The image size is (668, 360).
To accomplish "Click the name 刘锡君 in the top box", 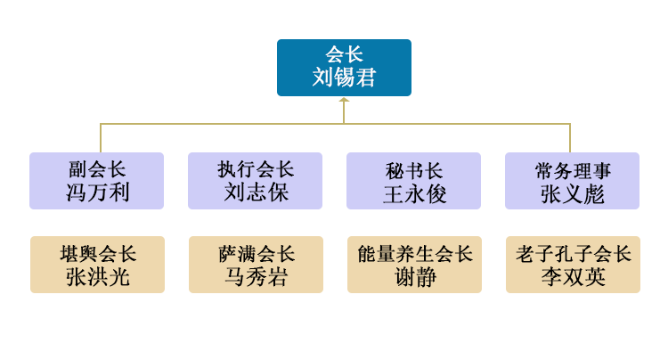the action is tap(344, 78).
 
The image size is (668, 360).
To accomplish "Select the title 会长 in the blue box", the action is tap(344, 55).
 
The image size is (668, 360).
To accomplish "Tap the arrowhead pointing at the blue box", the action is tap(344, 100).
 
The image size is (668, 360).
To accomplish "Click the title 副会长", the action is tap(97, 169).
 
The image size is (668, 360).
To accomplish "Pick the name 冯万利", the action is tap(97, 192).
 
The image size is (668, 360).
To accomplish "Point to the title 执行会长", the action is tap(256, 169).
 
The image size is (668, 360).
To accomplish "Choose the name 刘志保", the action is tap(256, 192).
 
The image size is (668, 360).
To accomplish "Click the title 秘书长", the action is tap(414, 171).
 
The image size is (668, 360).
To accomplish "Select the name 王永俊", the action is tap(414, 194).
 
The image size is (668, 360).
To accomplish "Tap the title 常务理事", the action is tap(573, 171).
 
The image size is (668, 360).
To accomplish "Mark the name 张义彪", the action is tap(573, 194).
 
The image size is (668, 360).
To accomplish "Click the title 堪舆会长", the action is tap(98, 254).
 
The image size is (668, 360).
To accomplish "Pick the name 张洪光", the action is tap(98, 277).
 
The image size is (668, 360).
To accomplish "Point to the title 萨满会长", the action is tap(257, 254).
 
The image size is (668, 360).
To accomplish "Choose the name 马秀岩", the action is tap(257, 277).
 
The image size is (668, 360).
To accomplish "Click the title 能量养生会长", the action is tap(415, 254).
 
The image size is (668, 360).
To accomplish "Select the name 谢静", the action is tap(415, 277).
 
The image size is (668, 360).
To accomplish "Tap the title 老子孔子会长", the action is tap(574, 254).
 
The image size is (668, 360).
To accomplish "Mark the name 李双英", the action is tap(574, 277).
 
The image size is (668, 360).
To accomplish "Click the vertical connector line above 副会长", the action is tap(101, 138).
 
